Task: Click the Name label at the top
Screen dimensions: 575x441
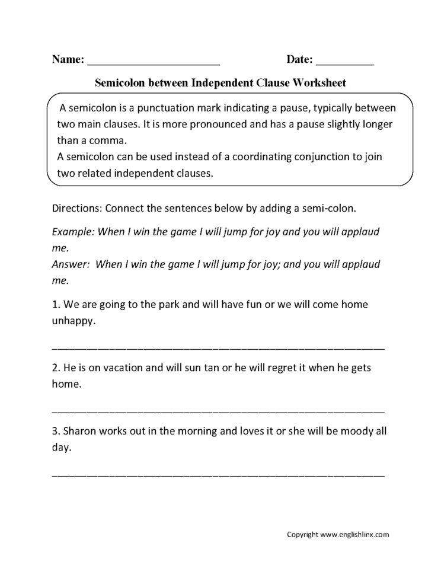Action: [x=68, y=59]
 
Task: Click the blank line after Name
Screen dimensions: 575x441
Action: [x=154, y=62]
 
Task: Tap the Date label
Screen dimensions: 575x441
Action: [x=300, y=59]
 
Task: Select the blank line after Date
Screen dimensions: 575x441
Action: [x=345, y=62]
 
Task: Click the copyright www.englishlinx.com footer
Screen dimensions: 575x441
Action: [x=338, y=534]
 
